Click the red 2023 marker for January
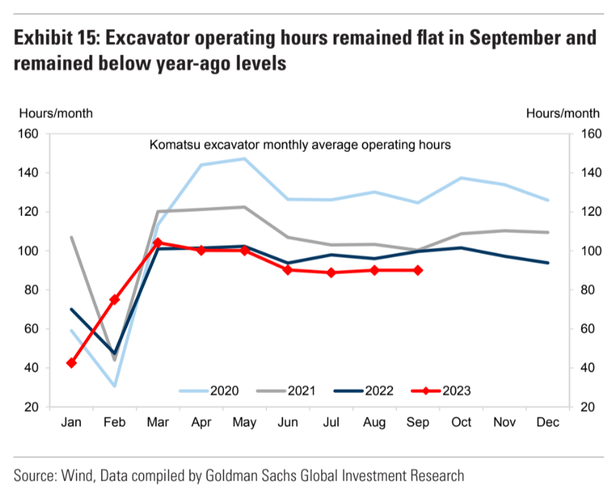(x=71, y=363)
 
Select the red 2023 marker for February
(x=115, y=299)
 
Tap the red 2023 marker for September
(x=417, y=270)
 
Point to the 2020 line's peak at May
(x=244, y=159)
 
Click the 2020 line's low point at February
(x=115, y=386)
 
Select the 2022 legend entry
(x=369, y=390)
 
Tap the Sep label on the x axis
(x=417, y=423)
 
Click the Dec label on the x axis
(x=548, y=423)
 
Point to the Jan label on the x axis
(x=71, y=423)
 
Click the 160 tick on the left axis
(x=30, y=134)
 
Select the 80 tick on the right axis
(x=587, y=290)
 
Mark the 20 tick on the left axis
(x=32, y=407)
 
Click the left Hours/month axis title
(x=57, y=113)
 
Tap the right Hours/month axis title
(x=563, y=113)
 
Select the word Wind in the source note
(x=79, y=476)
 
